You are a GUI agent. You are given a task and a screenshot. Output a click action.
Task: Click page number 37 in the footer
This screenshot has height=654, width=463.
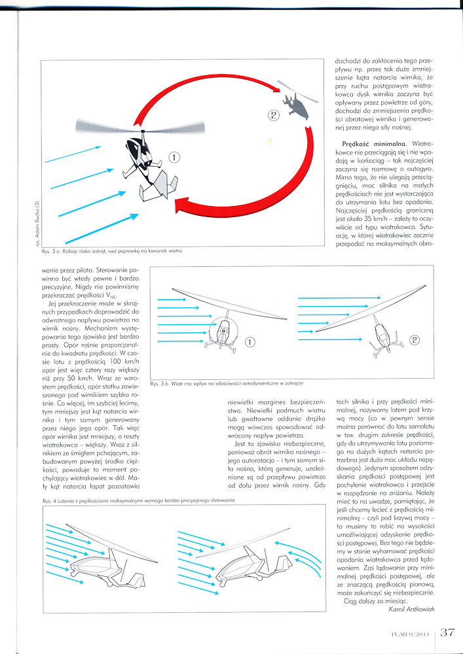[x=447, y=632]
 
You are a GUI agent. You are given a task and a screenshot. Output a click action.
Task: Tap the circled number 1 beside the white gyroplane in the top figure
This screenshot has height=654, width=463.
[x=174, y=157]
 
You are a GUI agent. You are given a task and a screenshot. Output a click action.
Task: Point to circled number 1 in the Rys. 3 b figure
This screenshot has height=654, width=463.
[x=249, y=342]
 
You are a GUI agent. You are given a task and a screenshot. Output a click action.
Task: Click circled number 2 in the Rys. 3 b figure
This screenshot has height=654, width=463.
[x=413, y=339]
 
